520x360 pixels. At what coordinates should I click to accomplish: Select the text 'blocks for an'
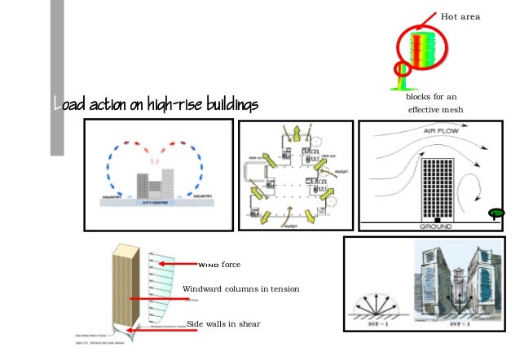(430, 97)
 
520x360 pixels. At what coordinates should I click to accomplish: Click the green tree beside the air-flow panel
(495, 214)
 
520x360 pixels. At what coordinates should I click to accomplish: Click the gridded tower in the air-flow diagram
(438, 188)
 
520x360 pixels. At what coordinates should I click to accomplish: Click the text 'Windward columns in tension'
(241, 289)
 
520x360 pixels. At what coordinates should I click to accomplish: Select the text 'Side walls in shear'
(223, 324)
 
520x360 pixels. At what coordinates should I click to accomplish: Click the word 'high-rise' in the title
(165, 104)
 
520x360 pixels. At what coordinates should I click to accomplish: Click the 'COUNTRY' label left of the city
(108, 195)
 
